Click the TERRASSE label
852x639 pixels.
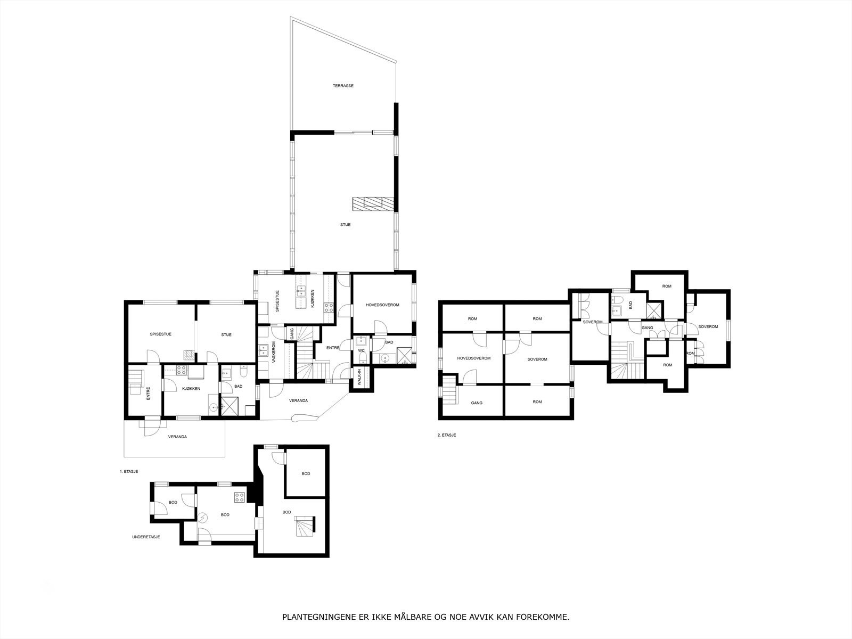(343, 86)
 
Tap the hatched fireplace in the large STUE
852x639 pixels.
(372, 202)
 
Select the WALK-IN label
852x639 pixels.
(359, 377)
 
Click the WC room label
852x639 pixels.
(361, 351)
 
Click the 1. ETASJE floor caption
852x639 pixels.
(129, 472)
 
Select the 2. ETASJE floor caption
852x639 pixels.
(446, 435)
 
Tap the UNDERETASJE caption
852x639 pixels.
(146, 537)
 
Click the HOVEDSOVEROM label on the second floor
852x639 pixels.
(473, 358)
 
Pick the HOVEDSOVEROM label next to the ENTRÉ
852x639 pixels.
(382, 305)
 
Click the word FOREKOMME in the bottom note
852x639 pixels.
(549, 618)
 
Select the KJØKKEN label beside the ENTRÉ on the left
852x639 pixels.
(191, 389)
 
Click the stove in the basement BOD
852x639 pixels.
(240, 498)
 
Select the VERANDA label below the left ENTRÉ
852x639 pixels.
(177, 437)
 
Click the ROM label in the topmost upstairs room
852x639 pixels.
(667, 286)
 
